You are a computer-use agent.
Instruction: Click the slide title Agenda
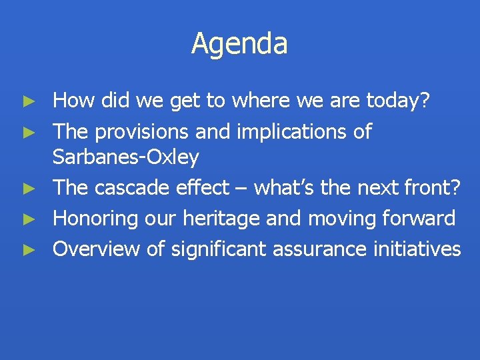click(x=239, y=44)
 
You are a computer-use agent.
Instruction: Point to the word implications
click(x=291, y=132)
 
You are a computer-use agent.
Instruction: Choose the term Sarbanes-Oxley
click(x=125, y=157)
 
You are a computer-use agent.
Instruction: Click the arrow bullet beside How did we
click(x=28, y=102)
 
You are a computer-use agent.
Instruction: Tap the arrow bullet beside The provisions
click(x=28, y=133)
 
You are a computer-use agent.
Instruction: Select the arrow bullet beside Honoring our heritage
click(x=28, y=219)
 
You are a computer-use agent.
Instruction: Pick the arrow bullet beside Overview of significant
click(x=28, y=249)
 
